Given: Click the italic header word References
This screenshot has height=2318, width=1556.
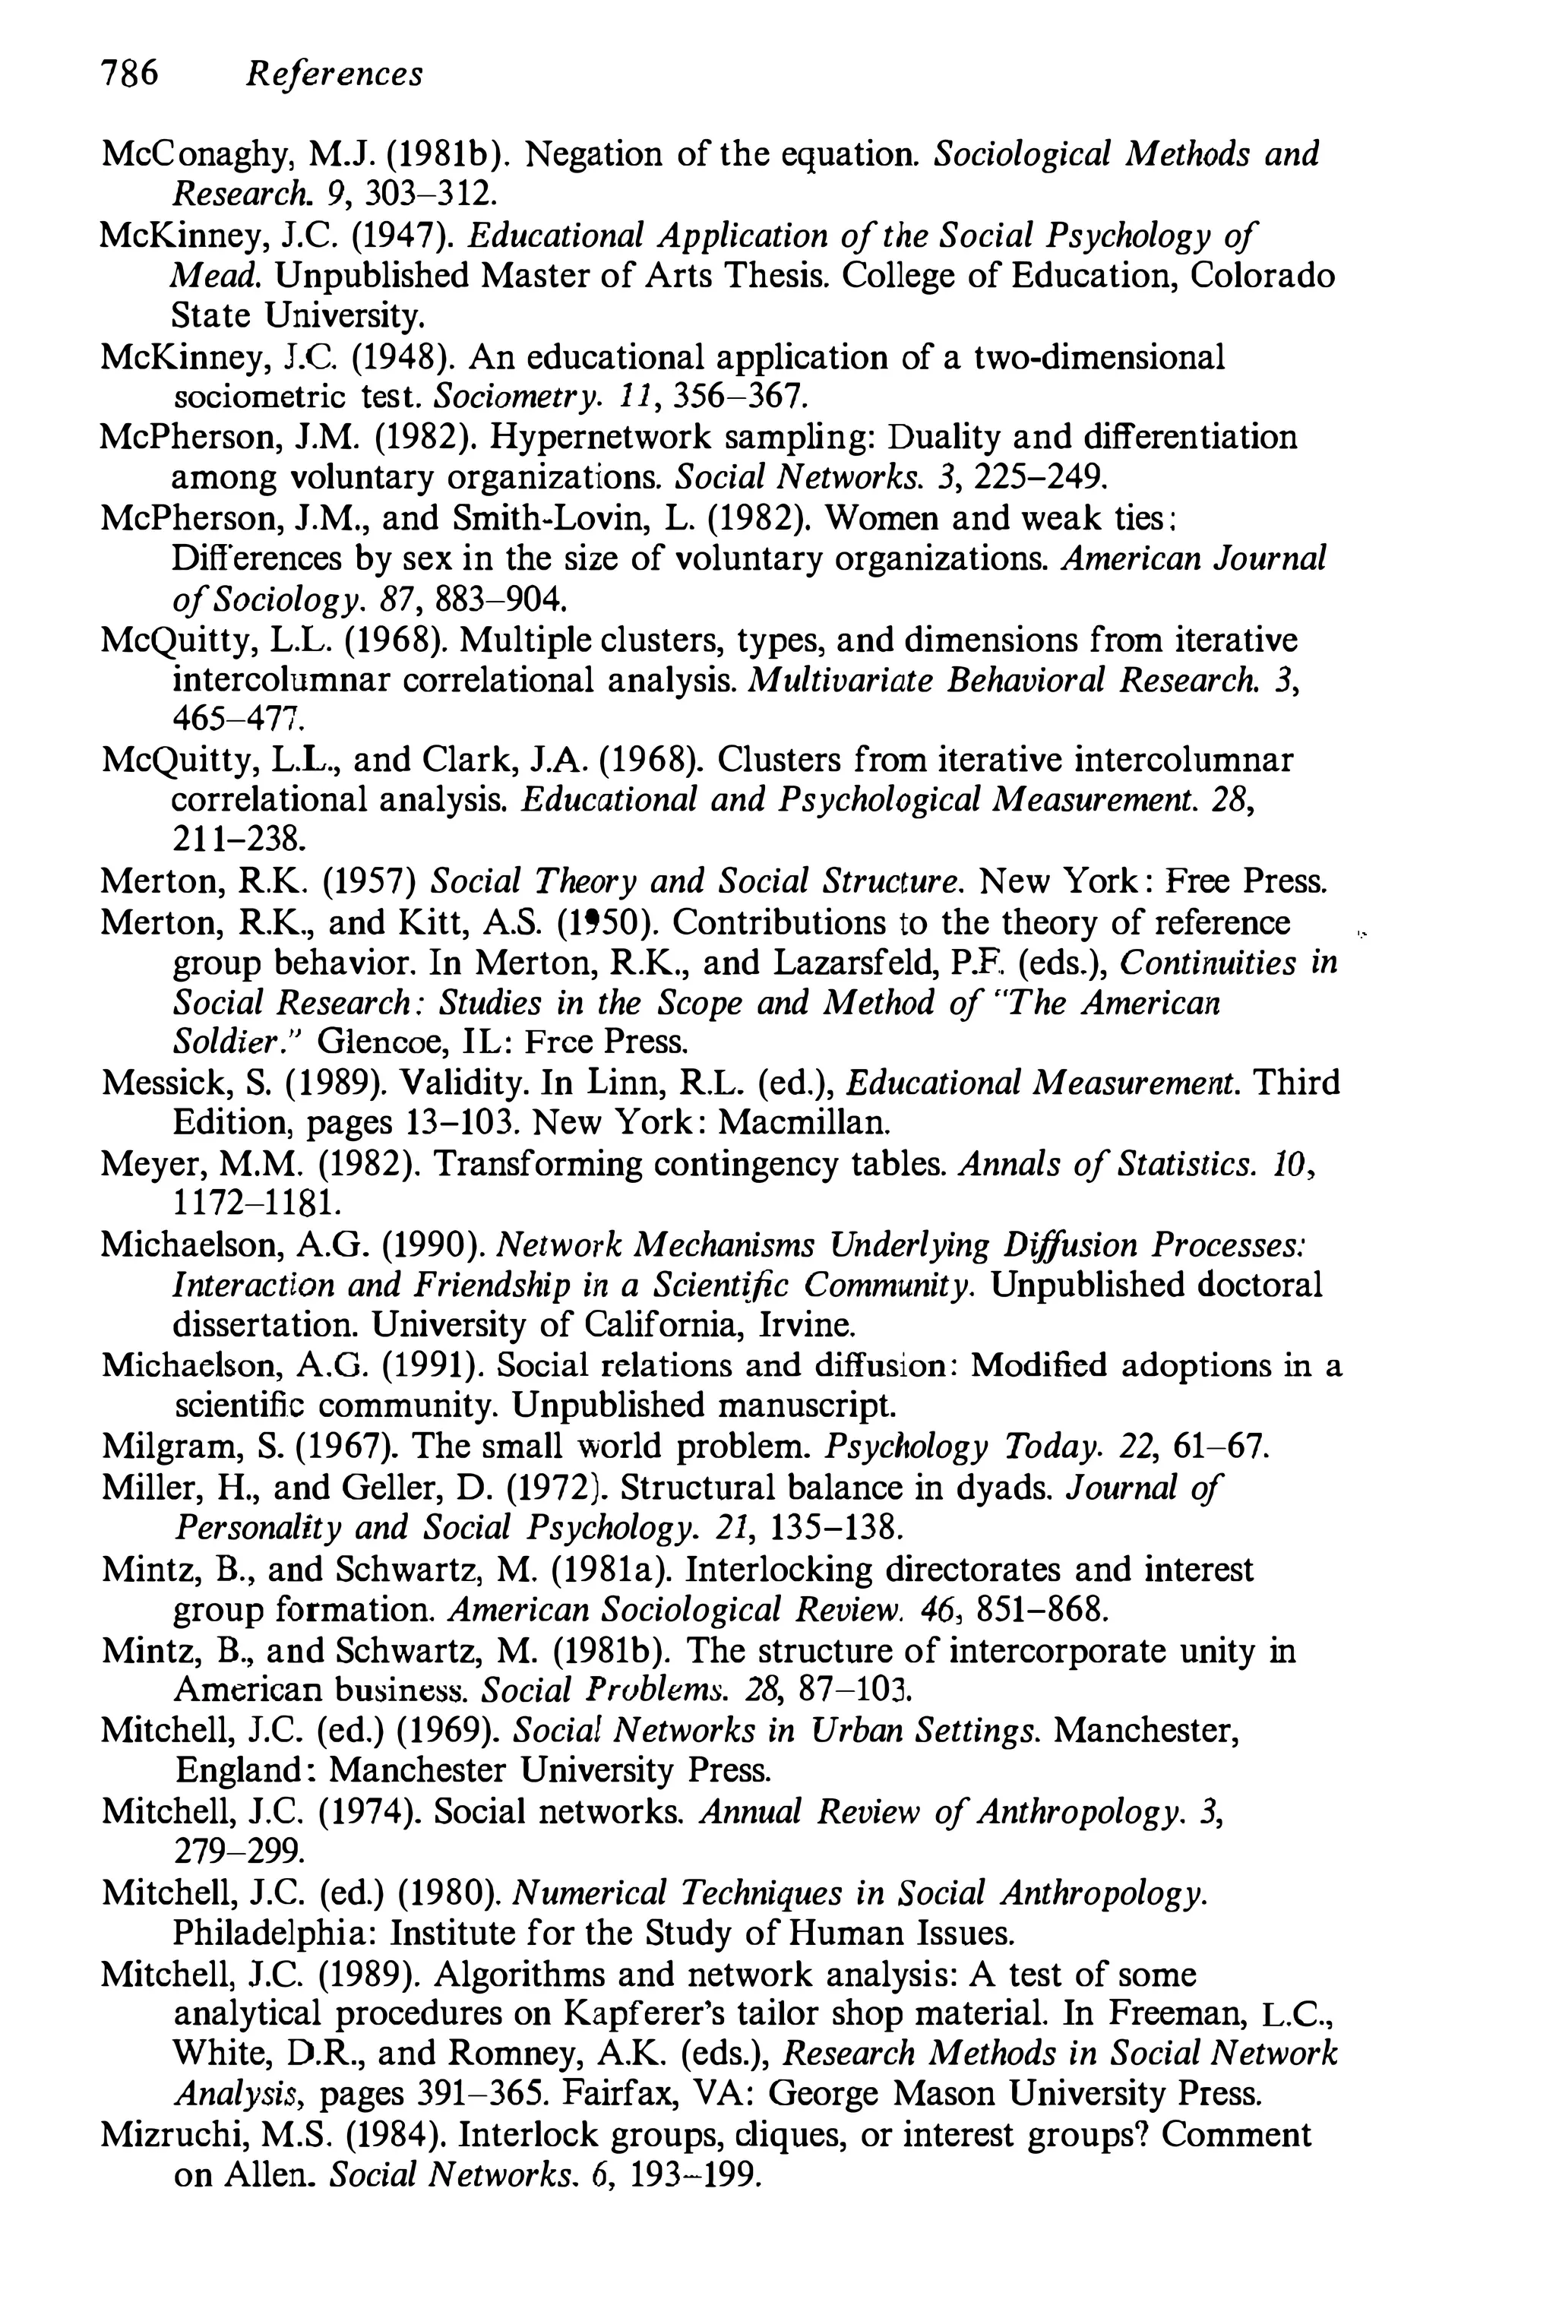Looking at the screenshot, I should pyautogui.click(x=334, y=74).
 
